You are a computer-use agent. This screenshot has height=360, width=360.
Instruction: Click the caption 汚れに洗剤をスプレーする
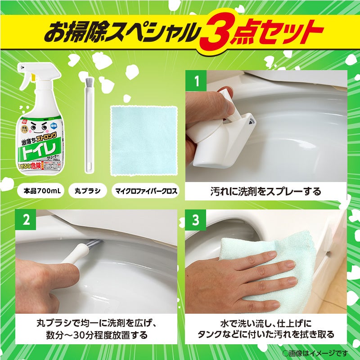tap(266, 191)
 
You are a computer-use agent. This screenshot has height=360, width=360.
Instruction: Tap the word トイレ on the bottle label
tap(40, 151)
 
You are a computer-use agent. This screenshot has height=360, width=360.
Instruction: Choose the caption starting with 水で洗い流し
tap(266, 329)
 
